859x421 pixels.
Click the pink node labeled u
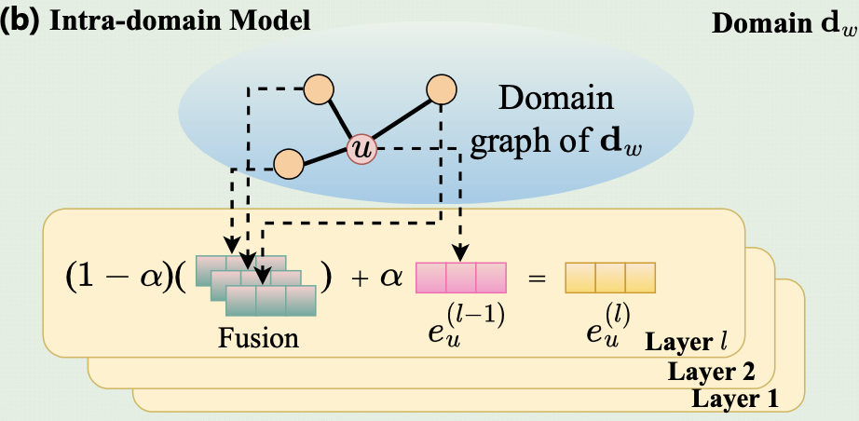pos(361,149)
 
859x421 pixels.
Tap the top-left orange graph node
pos(319,88)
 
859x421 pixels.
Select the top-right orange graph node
pos(442,88)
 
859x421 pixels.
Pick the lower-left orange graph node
pos(289,164)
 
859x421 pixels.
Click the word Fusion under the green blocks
pos(259,338)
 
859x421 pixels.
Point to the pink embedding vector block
pos(461,278)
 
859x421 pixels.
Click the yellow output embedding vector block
pos(609,278)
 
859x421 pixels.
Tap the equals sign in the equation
pos(537,278)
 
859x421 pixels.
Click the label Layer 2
pos(712,373)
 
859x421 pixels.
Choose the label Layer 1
pos(735,399)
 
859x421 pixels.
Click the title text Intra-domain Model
pos(180,22)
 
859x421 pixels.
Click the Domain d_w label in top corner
pos(784,23)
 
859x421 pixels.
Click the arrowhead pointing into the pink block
pos(461,254)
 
